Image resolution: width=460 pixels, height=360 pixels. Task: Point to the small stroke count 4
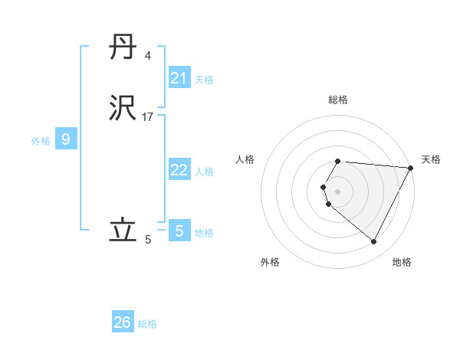(147, 56)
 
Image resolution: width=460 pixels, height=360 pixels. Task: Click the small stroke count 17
(148, 116)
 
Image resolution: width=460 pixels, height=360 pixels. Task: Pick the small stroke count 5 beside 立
(148, 240)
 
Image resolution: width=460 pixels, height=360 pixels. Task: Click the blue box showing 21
(179, 78)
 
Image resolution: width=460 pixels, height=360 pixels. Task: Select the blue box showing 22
(179, 170)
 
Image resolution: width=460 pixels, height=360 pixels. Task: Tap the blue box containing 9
(66, 139)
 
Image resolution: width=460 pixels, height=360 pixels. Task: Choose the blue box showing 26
(123, 322)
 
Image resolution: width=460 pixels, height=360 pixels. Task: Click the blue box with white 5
(179, 230)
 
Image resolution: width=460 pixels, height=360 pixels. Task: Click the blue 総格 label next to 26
(148, 324)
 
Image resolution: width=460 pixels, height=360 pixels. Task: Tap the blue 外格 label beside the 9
(41, 141)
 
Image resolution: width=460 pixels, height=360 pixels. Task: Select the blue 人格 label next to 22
(205, 172)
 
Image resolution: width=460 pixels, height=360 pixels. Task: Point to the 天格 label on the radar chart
(431, 159)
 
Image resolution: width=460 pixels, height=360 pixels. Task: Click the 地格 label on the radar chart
(402, 262)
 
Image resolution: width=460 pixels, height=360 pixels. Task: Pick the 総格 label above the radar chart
(338, 100)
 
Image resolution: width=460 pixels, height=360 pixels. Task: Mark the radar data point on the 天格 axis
(411, 168)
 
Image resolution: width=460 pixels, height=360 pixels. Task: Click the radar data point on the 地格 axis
(373, 241)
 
